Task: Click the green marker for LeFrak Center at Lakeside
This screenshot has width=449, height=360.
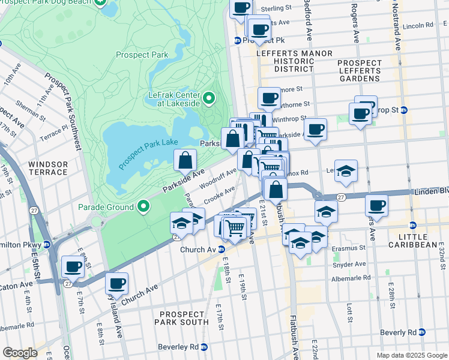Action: pyautogui.click(x=209, y=97)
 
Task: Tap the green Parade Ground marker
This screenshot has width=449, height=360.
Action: pyautogui.click(x=143, y=207)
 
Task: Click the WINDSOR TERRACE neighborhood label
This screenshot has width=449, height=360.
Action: pyautogui.click(x=47, y=167)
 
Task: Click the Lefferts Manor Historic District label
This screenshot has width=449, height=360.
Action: pyautogui.click(x=294, y=61)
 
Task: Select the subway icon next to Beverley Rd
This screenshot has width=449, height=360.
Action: pyautogui.click(x=203, y=347)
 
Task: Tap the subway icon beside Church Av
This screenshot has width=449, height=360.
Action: pyautogui.click(x=221, y=250)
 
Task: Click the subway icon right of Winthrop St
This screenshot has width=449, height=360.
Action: pyautogui.click(x=404, y=110)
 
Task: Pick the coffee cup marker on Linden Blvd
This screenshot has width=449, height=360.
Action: pyautogui.click(x=376, y=205)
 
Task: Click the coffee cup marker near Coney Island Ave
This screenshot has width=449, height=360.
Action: pyautogui.click(x=116, y=283)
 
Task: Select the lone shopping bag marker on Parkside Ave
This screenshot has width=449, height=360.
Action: pyautogui.click(x=185, y=160)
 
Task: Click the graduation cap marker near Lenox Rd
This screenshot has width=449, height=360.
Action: pyautogui.click(x=346, y=171)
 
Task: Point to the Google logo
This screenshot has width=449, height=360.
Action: pyautogui.click(x=20, y=353)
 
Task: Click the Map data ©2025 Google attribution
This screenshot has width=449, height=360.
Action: pyautogui.click(x=411, y=355)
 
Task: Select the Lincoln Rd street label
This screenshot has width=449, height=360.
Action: pyautogui.click(x=418, y=26)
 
